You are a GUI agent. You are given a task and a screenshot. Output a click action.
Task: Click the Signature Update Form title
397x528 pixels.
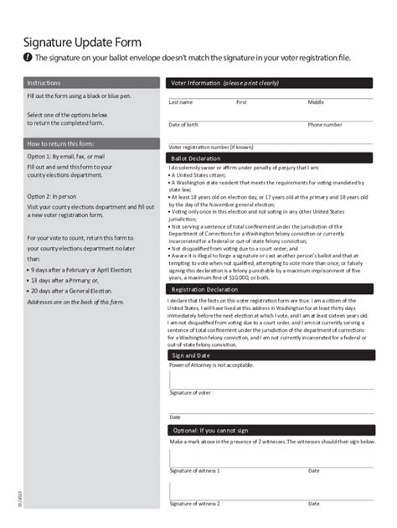pos(82,41)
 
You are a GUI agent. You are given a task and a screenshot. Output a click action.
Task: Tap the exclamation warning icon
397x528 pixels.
pos(28,58)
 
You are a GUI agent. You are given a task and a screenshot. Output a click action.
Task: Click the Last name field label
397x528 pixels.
pos(181,102)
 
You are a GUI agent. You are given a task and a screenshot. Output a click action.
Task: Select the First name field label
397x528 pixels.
pos(241,102)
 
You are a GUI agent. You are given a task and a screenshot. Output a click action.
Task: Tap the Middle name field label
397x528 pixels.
pos(316,102)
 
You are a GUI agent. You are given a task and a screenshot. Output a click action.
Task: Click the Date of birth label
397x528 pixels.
pos(183,125)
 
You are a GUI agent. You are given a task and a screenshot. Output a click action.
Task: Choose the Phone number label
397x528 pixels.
pos(325,125)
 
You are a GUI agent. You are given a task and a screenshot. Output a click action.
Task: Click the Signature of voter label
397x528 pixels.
pos(190,392)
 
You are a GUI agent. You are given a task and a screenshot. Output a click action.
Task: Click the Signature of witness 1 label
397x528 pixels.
pos(195,471)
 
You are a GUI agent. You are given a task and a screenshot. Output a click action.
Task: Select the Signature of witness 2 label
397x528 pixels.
pos(195,504)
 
